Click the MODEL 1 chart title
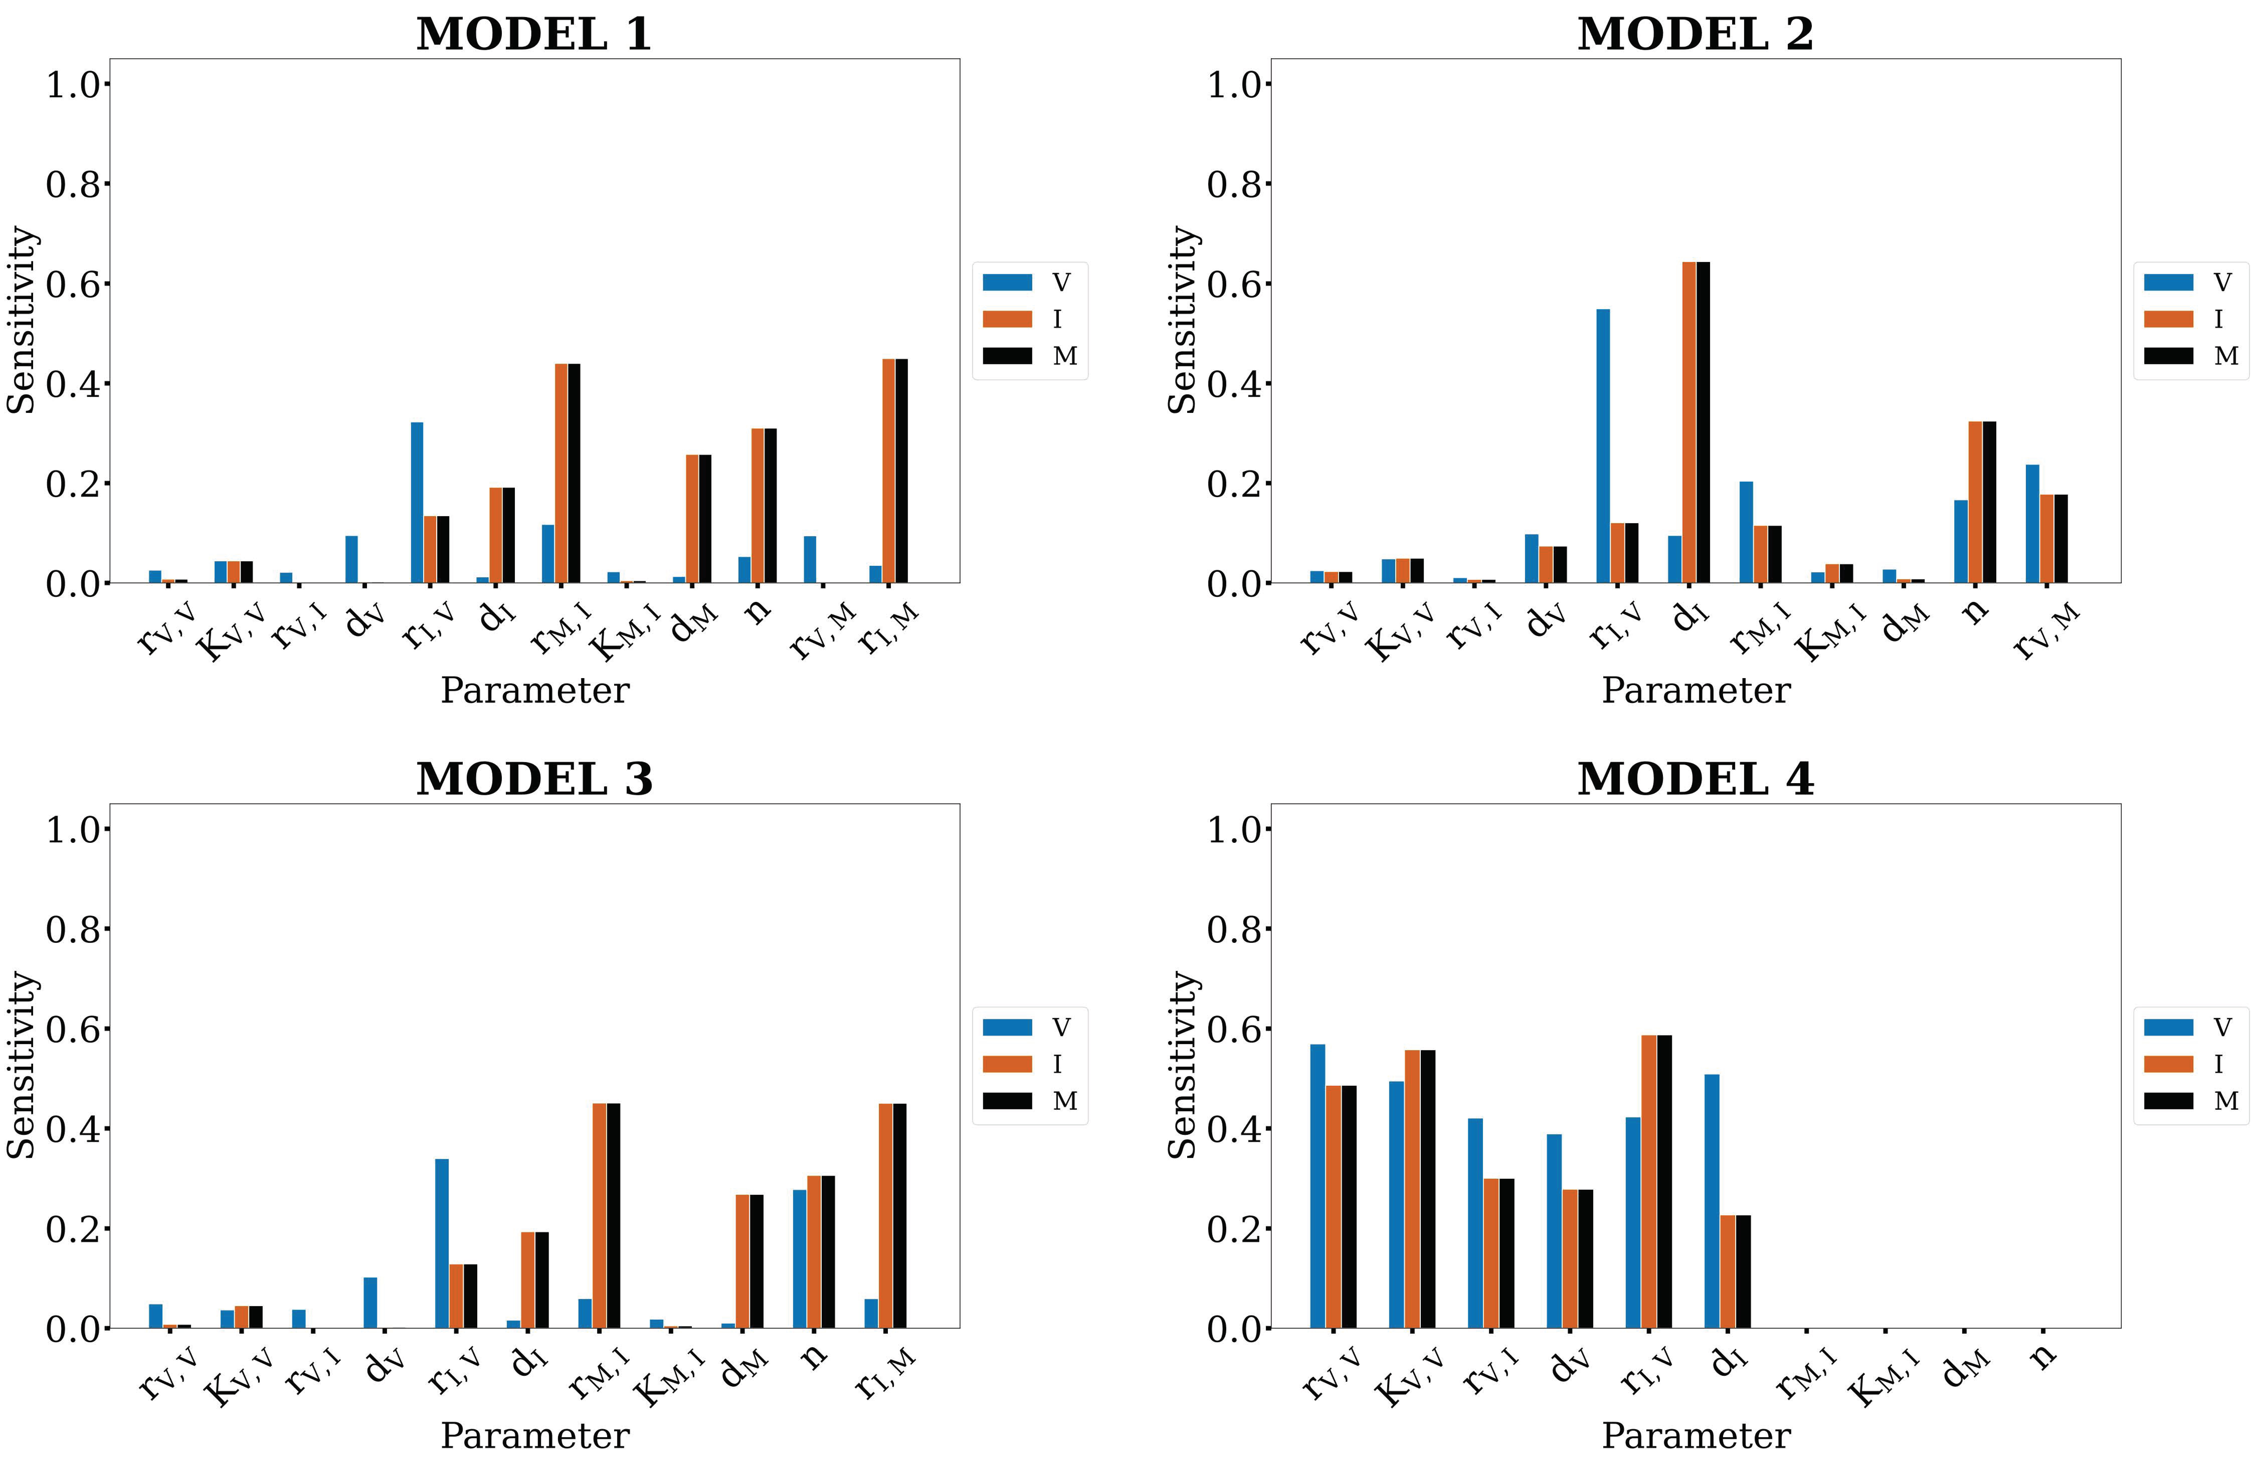tap(534, 34)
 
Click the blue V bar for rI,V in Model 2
tap(1603, 445)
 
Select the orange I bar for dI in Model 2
tap(1689, 422)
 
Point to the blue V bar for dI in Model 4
tap(1711, 1200)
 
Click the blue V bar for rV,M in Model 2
tap(2032, 523)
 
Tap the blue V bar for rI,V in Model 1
tap(417, 502)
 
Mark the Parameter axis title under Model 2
tap(1695, 691)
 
